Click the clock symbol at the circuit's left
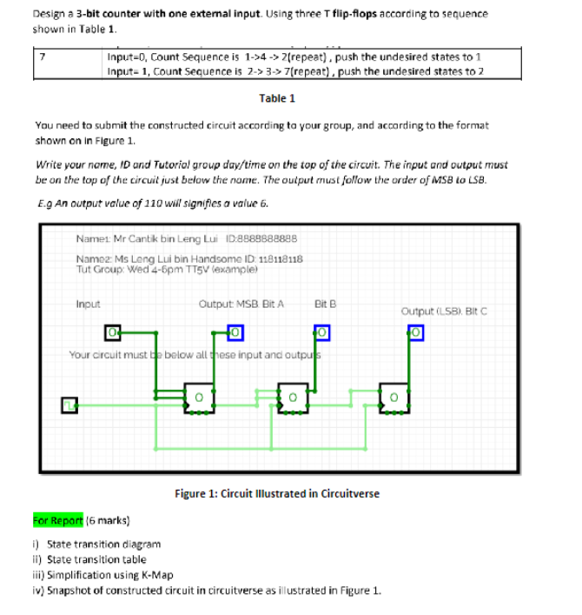[67, 404]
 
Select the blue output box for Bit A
[234, 332]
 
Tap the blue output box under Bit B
[321, 333]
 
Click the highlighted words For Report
[59, 521]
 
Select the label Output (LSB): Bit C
[445, 310]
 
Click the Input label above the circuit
[89, 304]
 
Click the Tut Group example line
[152, 270]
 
